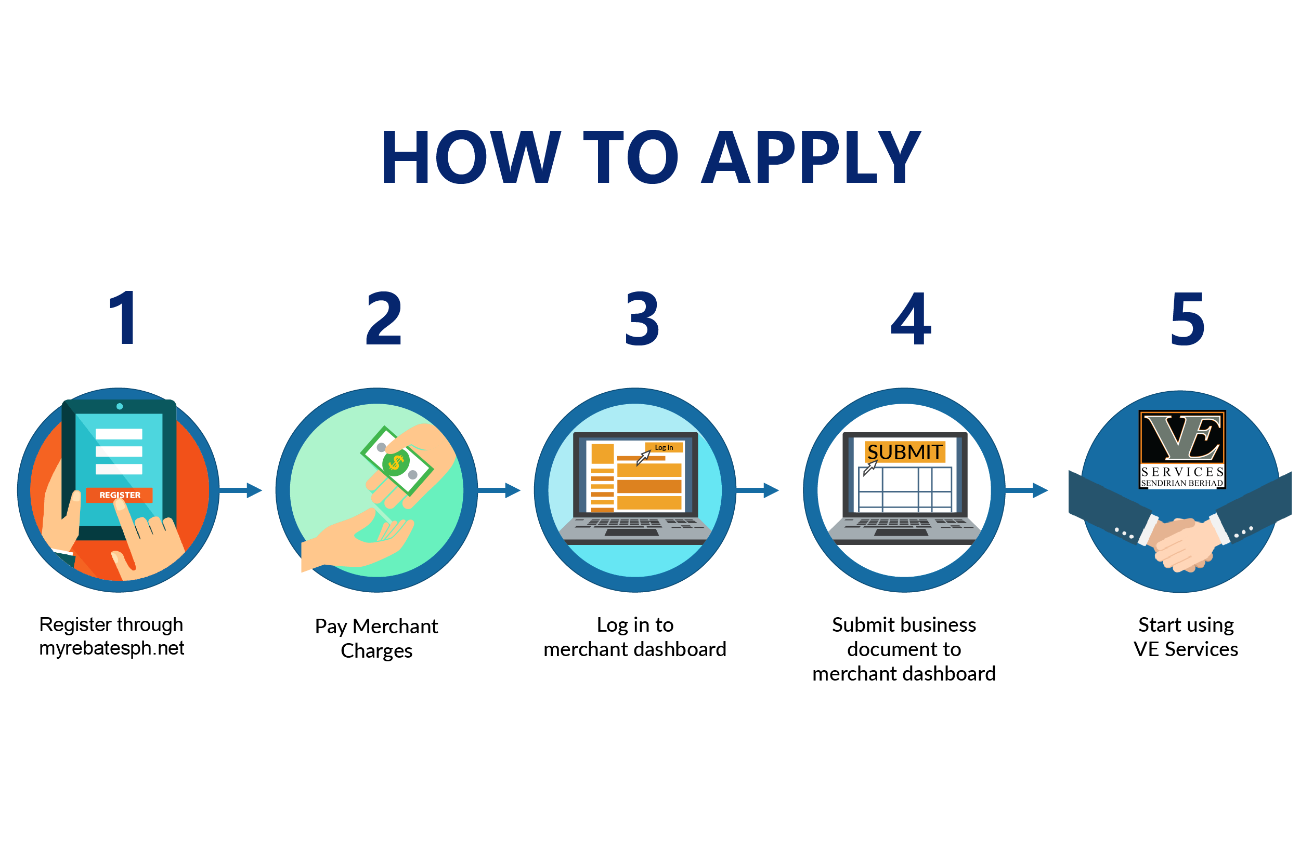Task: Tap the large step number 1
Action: pyautogui.click(x=123, y=318)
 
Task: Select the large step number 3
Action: pyautogui.click(x=642, y=319)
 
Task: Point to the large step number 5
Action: pyautogui.click(x=1187, y=319)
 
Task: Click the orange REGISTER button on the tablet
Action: pyautogui.click(x=120, y=495)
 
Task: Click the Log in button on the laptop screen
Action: pyautogui.click(x=664, y=447)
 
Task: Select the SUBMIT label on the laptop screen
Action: pyautogui.click(x=904, y=452)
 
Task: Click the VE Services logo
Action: pyautogui.click(x=1182, y=449)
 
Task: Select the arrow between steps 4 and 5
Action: pyautogui.click(x=1028, y=490)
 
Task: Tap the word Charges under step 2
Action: pyautogui.click(x=376, y=651)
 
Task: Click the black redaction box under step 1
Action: pyautogui.click(x=112, y=637)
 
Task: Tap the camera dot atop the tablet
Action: pyautogui.click(x=120, y=406)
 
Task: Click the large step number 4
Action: pyautogui.click(x=911, y=319)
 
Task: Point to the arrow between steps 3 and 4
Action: pyautogui.click(x=758, y=490)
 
